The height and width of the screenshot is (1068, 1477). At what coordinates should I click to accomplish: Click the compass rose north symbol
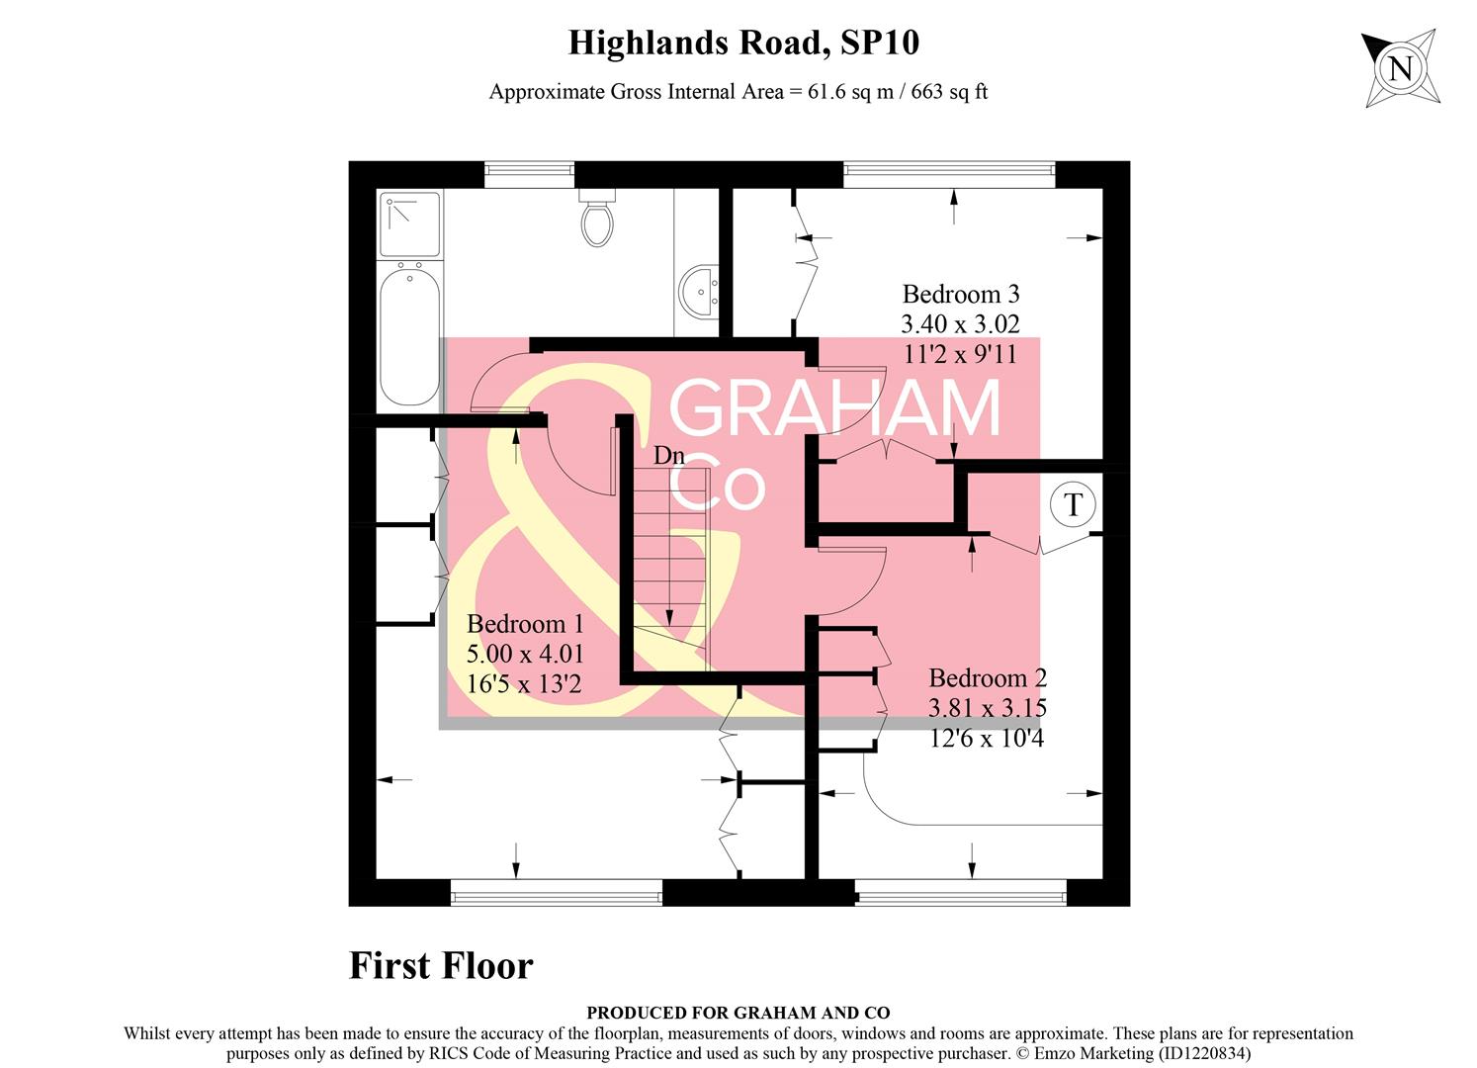[1401, 68]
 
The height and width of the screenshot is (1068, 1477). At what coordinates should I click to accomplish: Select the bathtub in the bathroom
[409, 336]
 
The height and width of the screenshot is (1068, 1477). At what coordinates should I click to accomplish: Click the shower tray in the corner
[410, 223]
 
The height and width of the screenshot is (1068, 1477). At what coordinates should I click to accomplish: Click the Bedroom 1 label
[525, 624]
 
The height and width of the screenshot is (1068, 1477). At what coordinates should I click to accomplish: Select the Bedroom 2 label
[987, 678]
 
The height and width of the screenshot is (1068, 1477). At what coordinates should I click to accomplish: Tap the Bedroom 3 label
[960, 294]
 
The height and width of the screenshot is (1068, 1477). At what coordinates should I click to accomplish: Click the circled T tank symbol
[1073, 504]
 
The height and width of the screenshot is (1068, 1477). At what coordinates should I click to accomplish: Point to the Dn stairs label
[669, 456]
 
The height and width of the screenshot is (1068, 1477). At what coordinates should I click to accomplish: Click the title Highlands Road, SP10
[743, 43]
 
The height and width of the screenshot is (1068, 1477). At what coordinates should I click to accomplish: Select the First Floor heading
[441, 965]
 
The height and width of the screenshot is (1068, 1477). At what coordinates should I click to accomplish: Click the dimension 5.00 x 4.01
[525, 654]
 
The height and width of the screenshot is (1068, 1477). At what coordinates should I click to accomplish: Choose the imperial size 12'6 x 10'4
[987, 738]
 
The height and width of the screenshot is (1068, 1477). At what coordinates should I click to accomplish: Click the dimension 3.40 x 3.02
[960, 323]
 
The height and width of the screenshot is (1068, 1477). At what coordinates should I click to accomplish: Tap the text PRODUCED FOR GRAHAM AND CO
[738, 1013]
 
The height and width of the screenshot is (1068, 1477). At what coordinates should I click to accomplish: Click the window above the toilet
[529, 175]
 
